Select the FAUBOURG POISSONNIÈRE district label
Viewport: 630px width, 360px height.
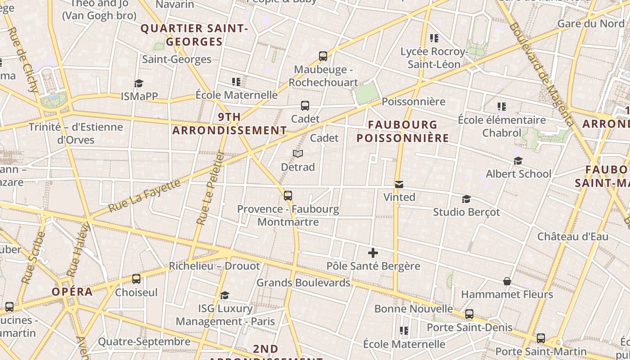point(403,131)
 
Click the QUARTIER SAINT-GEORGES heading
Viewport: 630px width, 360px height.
point(194,35)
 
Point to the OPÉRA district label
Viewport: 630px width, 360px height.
point(72,292)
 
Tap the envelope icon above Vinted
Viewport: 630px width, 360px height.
point(399,184)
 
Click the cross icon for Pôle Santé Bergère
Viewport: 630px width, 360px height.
point(373,253)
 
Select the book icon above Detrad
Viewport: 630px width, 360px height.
point(298,154)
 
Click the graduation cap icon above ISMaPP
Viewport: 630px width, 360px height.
point(139,83)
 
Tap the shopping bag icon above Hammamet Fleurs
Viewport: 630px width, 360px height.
point(507,281)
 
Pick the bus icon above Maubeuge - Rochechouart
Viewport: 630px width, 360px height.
point(323,56)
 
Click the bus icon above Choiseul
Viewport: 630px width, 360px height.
point(136,279)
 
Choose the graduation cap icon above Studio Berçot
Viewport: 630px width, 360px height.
point(466,199)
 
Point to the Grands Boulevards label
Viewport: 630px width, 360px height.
point(303,283)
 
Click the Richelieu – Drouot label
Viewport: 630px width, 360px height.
point(214,266)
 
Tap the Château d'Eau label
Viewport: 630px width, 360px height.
point(573,237)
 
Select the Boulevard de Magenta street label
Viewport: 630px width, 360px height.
point(542,74)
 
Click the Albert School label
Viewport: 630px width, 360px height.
point(518,174)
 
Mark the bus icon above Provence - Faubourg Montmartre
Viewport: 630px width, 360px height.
point(288,196)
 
